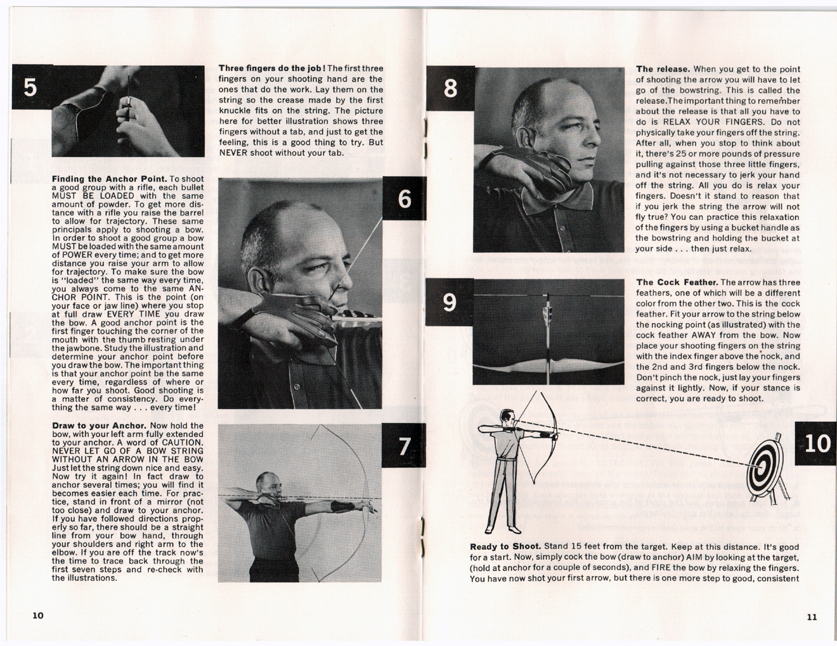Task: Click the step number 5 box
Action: point(30,87)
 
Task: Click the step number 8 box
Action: point(450,87)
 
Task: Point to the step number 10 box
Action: point(816,443)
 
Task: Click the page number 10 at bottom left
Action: point(38,616)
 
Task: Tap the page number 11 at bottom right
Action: point(812,617)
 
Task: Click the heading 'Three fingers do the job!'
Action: point(272,68)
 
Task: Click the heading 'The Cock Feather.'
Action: point(677,282)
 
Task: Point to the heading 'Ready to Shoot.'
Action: point(505,547)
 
